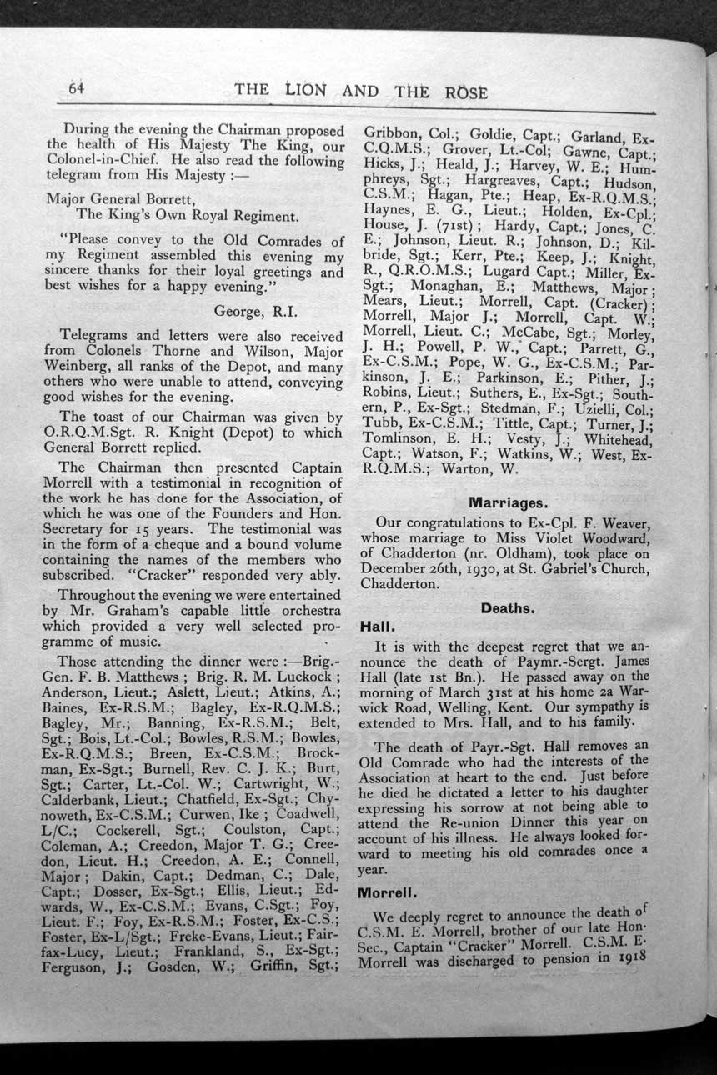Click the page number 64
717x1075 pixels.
coord(78,88)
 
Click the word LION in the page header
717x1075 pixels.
coord(304,90)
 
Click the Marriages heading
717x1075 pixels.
coord(508,502)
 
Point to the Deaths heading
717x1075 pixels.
coord(508,607)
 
